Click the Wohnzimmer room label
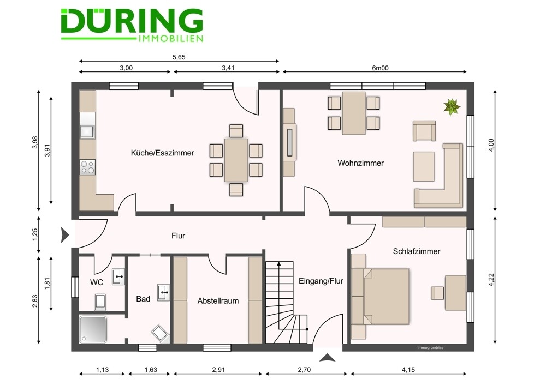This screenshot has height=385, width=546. click(360, 163)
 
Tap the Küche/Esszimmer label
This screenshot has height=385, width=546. click(162, 153)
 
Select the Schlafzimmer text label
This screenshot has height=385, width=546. click(417, 251)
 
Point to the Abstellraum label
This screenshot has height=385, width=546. click(218, 301)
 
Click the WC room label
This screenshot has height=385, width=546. click(97, 282)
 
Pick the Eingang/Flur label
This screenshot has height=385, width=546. click(321, 281)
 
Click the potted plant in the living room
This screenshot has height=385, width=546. click(452, 106)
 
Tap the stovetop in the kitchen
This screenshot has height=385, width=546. click(87, 167)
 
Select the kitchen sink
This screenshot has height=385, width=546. click(87, 132)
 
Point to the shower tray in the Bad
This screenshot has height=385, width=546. click(93, 329)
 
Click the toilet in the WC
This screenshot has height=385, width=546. click(100, 302)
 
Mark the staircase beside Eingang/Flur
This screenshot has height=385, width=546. click(287, 302)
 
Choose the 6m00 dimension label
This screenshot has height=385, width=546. click(380, 68)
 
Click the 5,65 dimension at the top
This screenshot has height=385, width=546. click(179, 57)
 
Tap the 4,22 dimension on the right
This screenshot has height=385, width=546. click(491, 280)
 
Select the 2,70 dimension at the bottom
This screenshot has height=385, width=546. click(304, 370)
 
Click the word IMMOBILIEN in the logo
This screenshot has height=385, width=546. click(170, 38)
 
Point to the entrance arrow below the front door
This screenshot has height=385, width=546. click(327, 358)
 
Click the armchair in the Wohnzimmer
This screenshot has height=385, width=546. click(424, 131)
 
